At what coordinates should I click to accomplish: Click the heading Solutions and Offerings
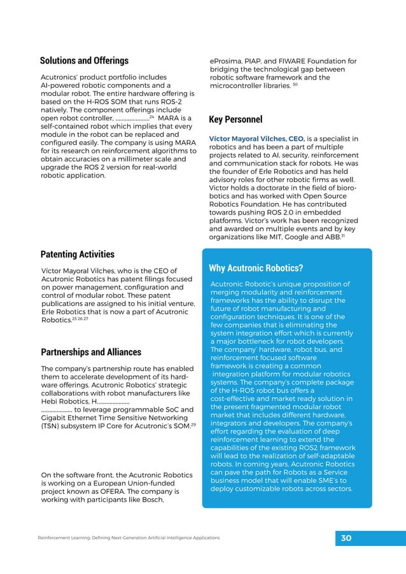[84, 61]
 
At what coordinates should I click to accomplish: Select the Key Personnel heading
[235, 119]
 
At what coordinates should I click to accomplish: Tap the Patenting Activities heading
[77, 254]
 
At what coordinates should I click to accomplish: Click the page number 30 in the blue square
[346, 538]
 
